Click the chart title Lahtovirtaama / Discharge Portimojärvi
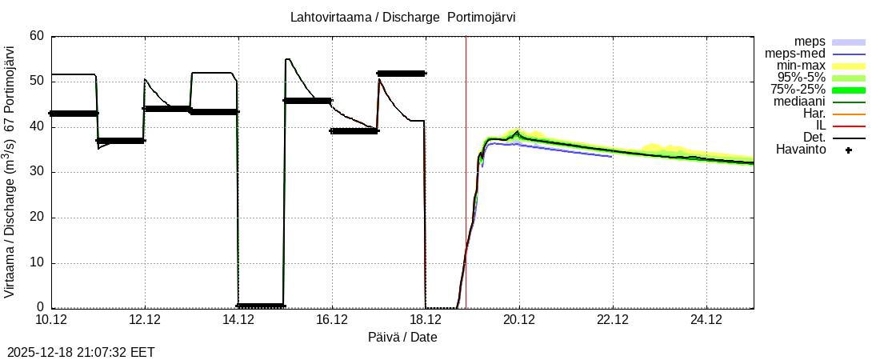tap(409, 17)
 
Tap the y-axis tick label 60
tap(37, 36)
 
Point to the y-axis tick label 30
tap(37, 172)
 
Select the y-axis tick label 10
tap(37, 263)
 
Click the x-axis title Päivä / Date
tap(402, 337)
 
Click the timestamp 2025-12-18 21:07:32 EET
tap(81, 352)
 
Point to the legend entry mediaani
tap(799, 102)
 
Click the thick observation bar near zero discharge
tap(261, 306)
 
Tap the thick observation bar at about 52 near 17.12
tap(401, 74)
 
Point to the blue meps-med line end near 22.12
tap(611, 156)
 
